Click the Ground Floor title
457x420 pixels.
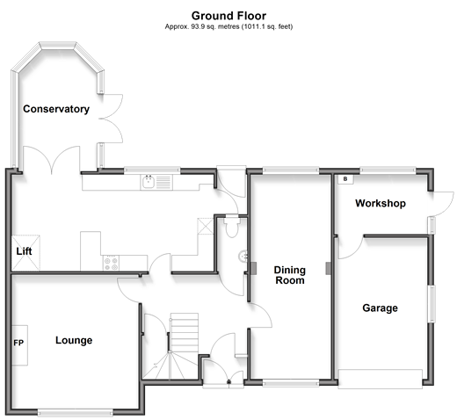(x=228, y=16)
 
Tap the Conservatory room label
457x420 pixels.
(x=56, y=109)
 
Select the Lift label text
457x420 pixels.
(x=24, y=251)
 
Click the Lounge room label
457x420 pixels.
(x=74, y=340)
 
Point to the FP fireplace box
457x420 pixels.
(x=19, y=345)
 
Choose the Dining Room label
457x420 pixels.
(x=290, y=275)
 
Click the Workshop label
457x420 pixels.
(x=381, y=203)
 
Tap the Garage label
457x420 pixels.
(x=380, y=308)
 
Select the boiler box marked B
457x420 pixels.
(x=345, y=179)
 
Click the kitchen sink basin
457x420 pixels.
(x=149, y=182)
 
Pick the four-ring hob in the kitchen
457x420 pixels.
(x=111, y=263)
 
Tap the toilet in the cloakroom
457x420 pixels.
(x=232, y=227)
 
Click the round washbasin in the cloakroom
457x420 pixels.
(x=243, y=257)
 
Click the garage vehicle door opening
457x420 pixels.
(x=381, y=379)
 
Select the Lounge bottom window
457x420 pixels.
(x=76, y=413)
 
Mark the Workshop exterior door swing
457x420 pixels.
(x=442, y=204)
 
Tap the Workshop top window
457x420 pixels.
(x=388, y=170)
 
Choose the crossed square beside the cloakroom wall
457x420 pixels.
(x=206, y=226)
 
